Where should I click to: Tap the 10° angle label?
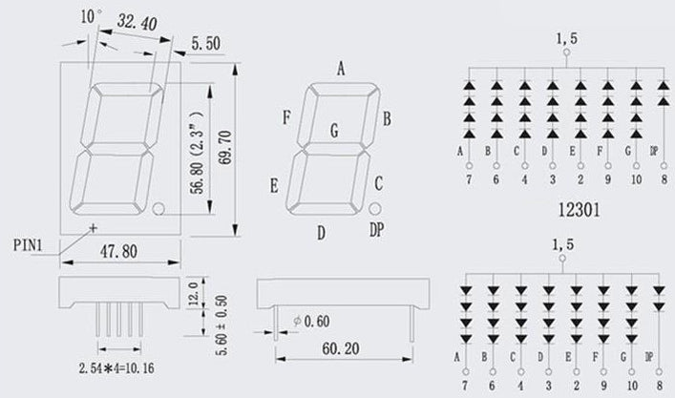point(92,16)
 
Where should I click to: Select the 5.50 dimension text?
point(208,43)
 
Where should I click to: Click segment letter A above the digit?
point(341,68)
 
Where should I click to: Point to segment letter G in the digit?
point(333,131)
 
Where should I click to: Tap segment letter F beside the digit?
point(285,118)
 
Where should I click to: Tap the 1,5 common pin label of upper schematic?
point(566,39)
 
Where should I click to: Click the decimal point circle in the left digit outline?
point(158,208)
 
